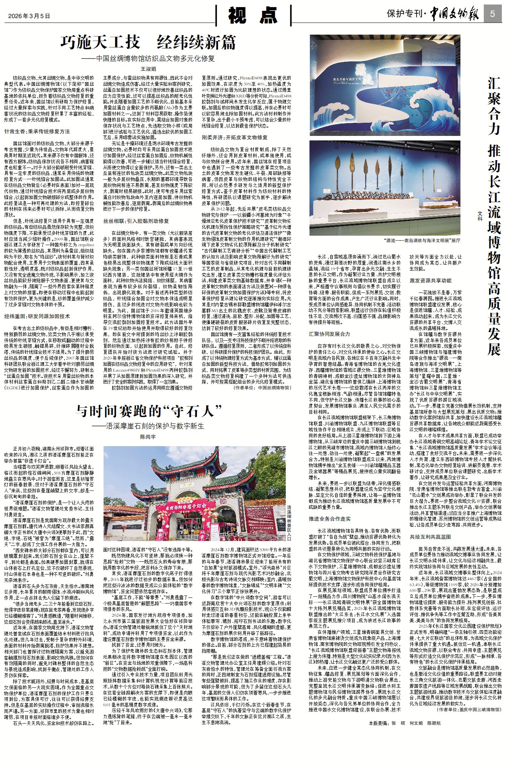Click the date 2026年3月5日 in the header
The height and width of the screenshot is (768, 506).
[29, 16]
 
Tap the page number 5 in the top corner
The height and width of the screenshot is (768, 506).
[492, 14]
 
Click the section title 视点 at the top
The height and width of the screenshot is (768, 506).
[253, 16]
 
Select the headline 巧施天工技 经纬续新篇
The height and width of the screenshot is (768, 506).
[148, 43]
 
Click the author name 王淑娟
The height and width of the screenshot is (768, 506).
[148, 69]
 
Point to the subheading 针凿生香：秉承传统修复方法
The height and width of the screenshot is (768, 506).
[37, 131]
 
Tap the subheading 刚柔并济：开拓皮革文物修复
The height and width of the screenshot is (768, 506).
[235, 137]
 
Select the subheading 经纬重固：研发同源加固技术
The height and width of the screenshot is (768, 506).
[37, 316]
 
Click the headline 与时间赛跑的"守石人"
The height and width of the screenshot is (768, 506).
[148, 411]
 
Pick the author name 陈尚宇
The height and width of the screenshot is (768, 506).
[148, 437]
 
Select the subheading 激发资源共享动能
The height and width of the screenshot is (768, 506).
[430, 280]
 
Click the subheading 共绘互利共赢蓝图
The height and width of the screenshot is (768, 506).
[430, 537]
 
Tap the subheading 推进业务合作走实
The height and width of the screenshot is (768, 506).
[329, 519]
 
